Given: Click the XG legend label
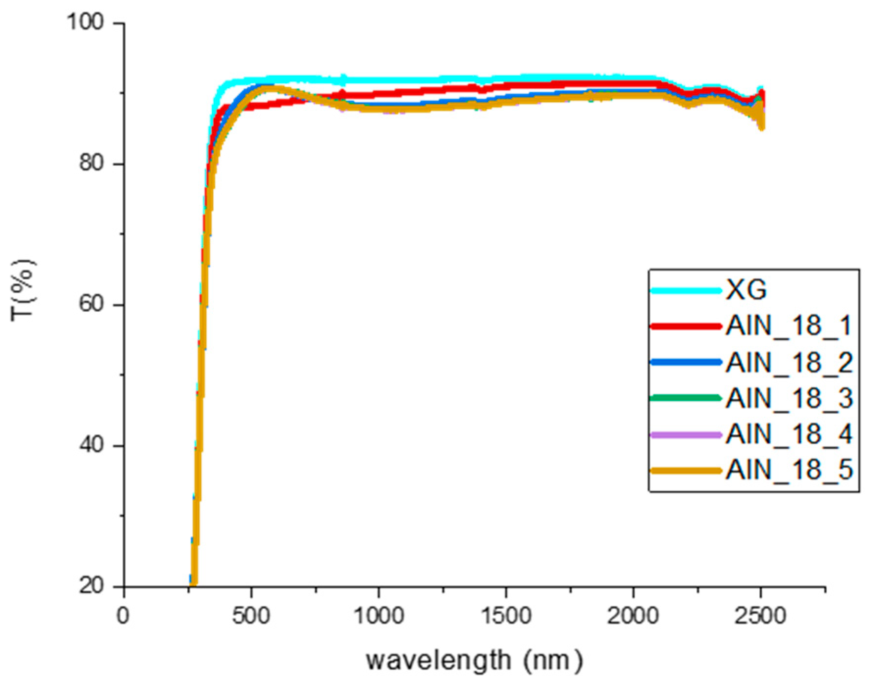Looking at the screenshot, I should (x=746, y=290).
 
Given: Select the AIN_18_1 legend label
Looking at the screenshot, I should (x=789, y=326).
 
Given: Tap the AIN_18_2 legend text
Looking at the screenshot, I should (x=789, y=362).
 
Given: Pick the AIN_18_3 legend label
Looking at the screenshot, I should (x=789, y=398).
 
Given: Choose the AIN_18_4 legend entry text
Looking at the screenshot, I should (x=789, y=434).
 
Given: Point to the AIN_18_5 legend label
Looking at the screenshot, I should (x=789, y=470).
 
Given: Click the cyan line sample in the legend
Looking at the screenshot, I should (x=686, y=290).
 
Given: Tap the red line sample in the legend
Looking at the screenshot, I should (x=686, y=326).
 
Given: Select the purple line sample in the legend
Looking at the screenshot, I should (x=686, y=434).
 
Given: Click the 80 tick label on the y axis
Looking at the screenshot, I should (x=92, y=163).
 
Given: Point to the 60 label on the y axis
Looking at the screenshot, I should (x=92, y=304).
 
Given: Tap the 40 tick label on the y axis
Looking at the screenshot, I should (x=92, y=445).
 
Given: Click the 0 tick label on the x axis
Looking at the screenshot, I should (x=124, y=615).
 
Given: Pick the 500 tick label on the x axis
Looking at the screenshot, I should (x=251, y=615).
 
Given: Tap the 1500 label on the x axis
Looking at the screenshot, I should (x=505, y=615).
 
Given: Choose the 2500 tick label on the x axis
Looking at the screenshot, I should (x=760, y=615).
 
